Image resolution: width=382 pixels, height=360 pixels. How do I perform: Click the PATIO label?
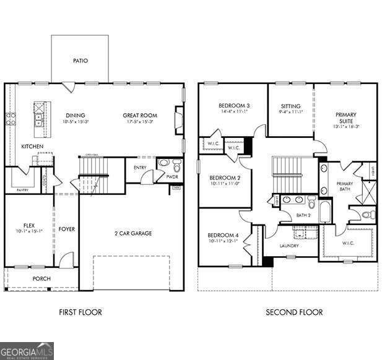[x=80, y=61]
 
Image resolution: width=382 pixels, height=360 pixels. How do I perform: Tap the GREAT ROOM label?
[x=139, y=115]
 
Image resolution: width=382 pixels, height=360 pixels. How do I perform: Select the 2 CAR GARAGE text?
[x=132, y=233]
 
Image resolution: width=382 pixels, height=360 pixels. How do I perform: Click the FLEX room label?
[x=28, y=225]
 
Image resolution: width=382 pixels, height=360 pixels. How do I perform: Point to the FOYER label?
[x=66, y=229]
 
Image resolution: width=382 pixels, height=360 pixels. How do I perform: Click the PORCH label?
[x=41, y=279]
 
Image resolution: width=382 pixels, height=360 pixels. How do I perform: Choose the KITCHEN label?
[x=32, y=147]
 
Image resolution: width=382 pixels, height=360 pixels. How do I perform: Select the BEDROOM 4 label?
[x=224, y=235]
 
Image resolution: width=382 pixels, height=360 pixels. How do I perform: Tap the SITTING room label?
[x=290, y=106]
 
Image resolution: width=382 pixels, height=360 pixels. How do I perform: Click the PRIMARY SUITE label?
[x=345, y=118]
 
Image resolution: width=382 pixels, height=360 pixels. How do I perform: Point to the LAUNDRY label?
[x=289, y=246]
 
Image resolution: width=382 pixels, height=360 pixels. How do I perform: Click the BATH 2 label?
[x=303, y=215]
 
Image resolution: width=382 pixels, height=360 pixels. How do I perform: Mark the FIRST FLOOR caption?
[x=80, y=312]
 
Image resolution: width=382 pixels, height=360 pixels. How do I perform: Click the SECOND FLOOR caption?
[x=294, y=312]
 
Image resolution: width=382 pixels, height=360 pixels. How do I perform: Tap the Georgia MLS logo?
[x=27, y=351]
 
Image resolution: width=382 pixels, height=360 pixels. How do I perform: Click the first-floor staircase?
[x=93, y=167]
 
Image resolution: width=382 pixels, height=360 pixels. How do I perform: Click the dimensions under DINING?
[x=76, y=122]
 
